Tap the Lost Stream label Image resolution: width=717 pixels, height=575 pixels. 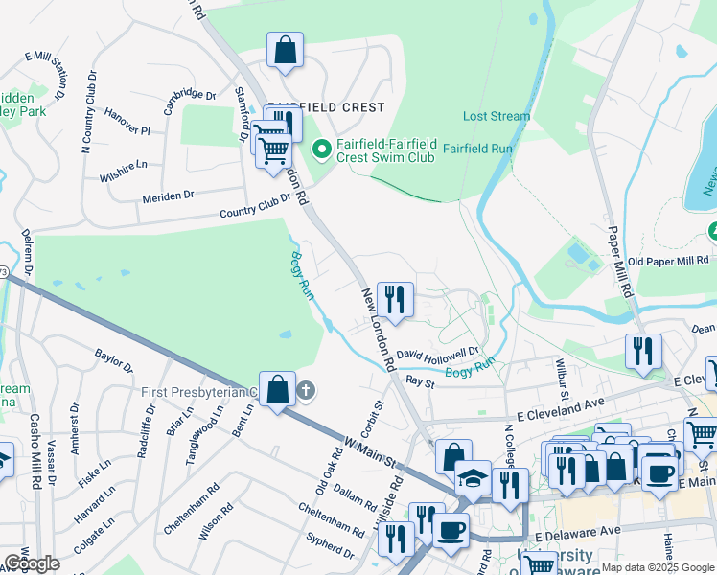pos(496,116)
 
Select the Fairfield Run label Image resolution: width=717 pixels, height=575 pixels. pos(477,149)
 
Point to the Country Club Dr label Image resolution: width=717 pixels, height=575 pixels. pos(254,207)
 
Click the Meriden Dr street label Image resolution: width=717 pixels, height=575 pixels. pos(168,195)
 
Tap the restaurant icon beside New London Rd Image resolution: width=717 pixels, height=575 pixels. pos(395,300)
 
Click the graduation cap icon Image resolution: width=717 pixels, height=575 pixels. pos(472,477)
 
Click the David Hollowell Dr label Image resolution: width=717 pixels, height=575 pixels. pos(438,354)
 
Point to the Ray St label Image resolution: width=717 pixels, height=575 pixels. pos(420,381)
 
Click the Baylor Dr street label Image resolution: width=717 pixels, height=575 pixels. pos(113,360)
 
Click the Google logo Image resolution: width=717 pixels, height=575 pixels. pos(31,563)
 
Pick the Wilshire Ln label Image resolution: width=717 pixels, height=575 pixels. pos(123,171)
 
